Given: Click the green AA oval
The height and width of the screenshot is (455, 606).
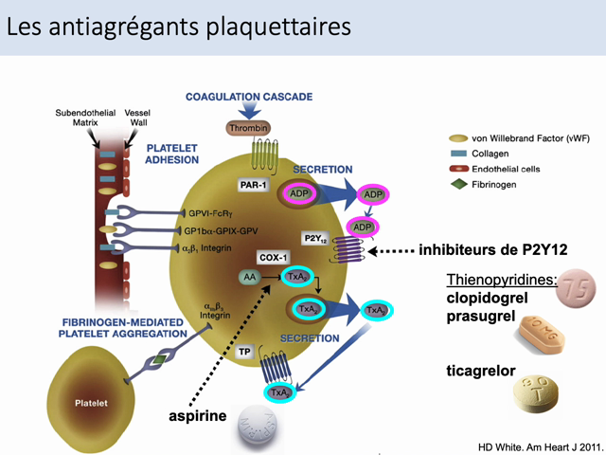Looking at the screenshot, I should pyautogui.click(x=250, y=276).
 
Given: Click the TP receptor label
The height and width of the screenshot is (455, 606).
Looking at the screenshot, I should pyautogui.click(x=244, y=352).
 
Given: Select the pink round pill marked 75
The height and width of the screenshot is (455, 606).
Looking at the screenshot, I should pyautogui.click(x=577, y=289).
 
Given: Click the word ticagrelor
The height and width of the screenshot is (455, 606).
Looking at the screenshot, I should pyautogui.click(x=481, y=372).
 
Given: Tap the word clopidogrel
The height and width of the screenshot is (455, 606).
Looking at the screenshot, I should pyautogui.click(x=488, y=298).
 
